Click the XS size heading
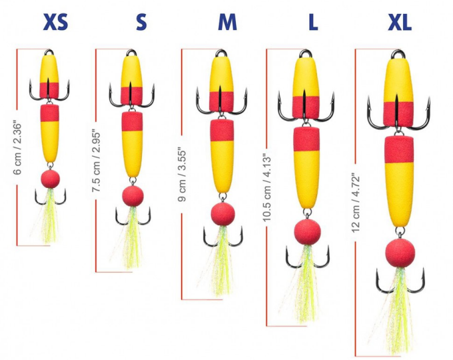tap(55, 23)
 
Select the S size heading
tap(141, 23)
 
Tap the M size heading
tap(227, 23)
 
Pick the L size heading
tap(312, 23)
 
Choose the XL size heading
tap(400, 23)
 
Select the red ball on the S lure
tap(133, 195)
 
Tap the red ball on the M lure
tap(223, 214)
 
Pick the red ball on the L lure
tap(307, 231)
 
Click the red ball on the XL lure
tap(401, 252)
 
